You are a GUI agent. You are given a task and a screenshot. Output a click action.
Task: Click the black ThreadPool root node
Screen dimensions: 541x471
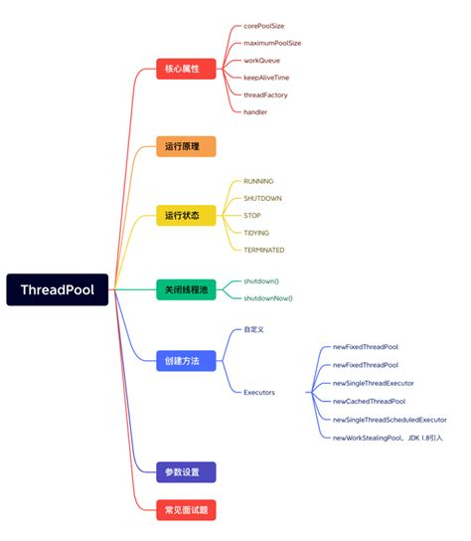[x=57, y=290]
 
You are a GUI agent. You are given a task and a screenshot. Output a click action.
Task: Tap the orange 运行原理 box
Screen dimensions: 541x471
[x=186, y=147]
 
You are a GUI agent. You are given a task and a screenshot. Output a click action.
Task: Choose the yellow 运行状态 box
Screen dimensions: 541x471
[x=186, y=216]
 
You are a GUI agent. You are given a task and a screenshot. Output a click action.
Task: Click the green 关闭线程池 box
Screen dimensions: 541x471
[x=186, y=289]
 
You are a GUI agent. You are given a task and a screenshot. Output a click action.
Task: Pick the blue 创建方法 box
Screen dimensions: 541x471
[x=186, y=361]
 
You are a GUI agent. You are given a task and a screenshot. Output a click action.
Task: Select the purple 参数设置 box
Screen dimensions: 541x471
[x=186, y=472]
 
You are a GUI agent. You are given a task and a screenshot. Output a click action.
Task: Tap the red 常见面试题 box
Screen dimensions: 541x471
[x=186, y=509]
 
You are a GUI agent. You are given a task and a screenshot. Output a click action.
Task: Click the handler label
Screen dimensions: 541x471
[x=255, y=111]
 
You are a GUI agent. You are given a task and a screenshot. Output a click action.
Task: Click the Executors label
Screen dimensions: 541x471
[x=259, y=392]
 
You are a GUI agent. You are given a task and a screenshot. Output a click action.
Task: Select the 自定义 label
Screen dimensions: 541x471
[x=254, y=329]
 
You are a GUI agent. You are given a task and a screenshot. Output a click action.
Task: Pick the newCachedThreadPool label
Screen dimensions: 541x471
[x=369, y=401]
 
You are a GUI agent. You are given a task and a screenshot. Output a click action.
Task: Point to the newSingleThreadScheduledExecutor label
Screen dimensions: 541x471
[x=390, y=420]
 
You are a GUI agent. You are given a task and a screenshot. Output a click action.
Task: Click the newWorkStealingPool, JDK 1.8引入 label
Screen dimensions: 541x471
[x=388, y=438]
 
